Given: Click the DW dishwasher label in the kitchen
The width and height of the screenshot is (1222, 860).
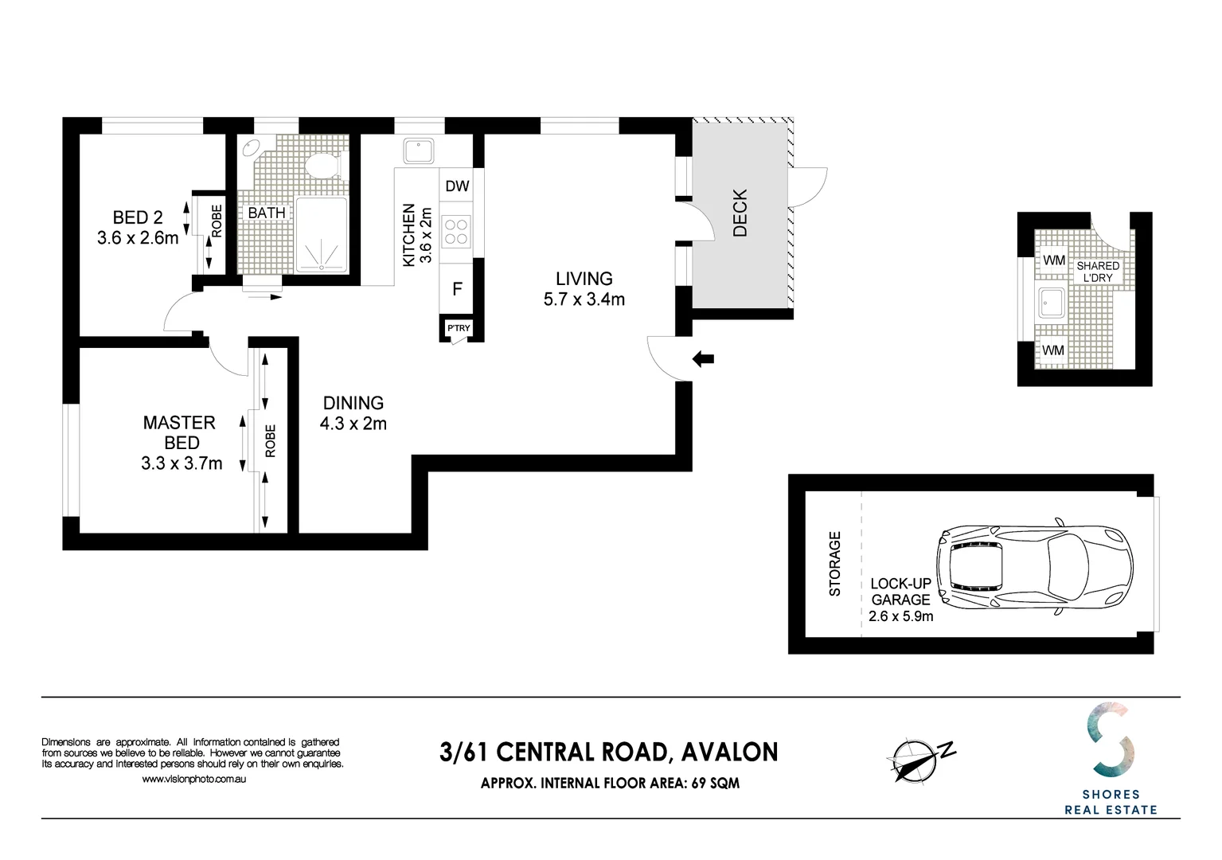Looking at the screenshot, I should tap(457, 186).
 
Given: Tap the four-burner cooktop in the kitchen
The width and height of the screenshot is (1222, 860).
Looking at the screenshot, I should tap(456, 232).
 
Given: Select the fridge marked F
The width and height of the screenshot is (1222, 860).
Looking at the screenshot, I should tap(457, 289).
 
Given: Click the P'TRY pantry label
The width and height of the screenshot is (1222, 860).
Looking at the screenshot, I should tap(459, 328).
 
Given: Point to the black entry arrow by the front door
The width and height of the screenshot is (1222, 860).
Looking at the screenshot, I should tap(703, 359).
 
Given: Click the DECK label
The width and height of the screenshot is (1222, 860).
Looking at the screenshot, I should tap(740, 213).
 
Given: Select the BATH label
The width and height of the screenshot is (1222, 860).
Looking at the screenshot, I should tap(267, 213).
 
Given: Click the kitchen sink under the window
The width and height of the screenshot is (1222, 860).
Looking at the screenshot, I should tap(418, 151).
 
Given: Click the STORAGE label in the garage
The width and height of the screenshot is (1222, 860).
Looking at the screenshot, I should tap(835, 564).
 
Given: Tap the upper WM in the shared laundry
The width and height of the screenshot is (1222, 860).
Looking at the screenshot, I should tap(1054, 260).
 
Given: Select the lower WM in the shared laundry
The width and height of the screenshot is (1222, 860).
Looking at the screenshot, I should tap(1053, 350).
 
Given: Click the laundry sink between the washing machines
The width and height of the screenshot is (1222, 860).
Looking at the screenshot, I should tap(1052, 303).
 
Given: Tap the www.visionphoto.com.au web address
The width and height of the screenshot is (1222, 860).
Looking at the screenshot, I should tap(194, 779).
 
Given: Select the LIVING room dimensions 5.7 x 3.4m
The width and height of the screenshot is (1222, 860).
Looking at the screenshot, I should tap(584, 300).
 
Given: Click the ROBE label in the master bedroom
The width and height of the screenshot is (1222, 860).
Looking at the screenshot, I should tap(271, 440).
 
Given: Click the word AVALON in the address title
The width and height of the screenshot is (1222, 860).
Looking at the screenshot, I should tap(730, 752).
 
